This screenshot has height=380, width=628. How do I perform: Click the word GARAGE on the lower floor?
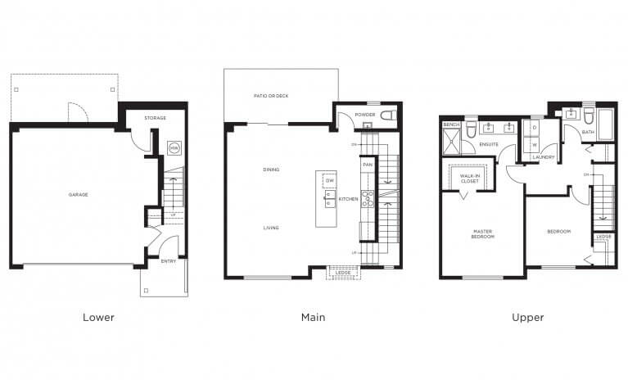(x=79, y=194)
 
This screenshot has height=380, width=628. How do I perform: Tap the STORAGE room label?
(x=155, y=118)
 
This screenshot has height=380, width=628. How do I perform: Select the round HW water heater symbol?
(x=173, y=148)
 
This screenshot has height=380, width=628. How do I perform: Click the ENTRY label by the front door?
(x=168, y=261)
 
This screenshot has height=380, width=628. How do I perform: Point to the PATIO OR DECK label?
(x=270, y=96)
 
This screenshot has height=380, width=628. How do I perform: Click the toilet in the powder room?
(x=388, y=115)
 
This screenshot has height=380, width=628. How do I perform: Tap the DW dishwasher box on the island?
(x=329, y=181)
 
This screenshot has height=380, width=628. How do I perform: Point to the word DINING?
(x=271, y=170)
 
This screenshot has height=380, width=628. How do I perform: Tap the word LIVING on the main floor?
(x=271, y=228)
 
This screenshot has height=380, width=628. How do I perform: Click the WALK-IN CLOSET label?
(x=469, y=178)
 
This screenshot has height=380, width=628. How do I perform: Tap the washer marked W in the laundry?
(x=533, y=145)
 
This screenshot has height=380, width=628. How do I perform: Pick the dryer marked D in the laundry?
(x=533, y=128)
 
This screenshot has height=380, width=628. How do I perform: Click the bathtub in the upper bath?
(x=607, y=125)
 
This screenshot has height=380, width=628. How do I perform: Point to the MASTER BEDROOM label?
(x=481, y=233)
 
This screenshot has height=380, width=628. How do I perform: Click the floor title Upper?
(x=529, y=317)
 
